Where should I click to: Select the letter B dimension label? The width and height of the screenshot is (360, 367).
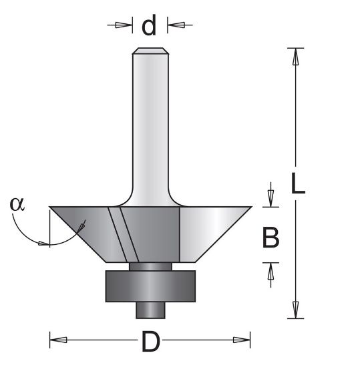click(x=271, y=238)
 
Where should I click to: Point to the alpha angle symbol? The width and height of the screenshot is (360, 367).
click(x=17, y=204)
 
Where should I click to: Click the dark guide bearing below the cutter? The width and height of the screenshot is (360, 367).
click(x=150, y=286)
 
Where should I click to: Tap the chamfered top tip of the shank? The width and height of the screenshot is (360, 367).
click(x=150, y=51)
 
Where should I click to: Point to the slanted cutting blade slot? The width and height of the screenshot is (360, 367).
click(x=124, y=234)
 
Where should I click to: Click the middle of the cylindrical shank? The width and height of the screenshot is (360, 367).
click(x=150, y=120)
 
